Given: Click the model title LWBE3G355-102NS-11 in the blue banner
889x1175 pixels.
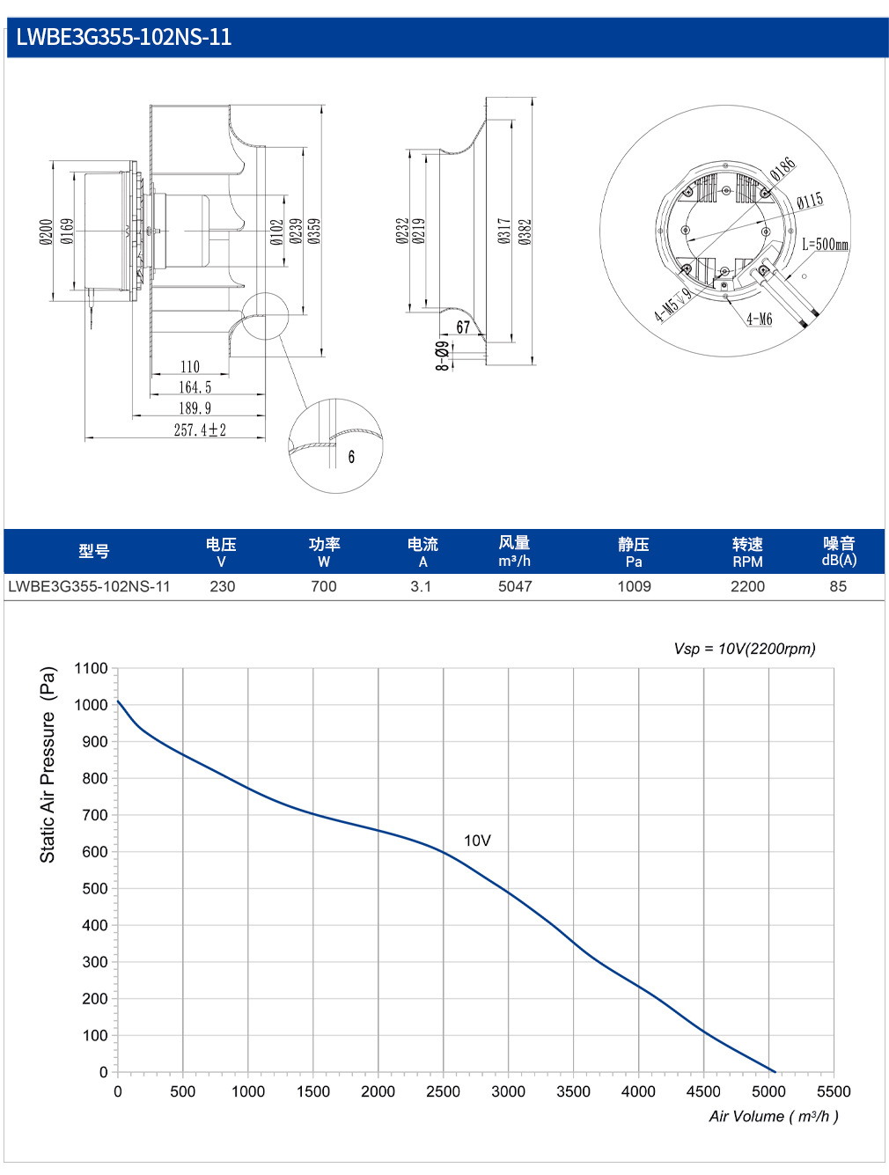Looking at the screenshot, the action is click(x=124, y=37).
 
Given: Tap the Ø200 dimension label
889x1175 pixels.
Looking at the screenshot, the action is click(x=46, y=231).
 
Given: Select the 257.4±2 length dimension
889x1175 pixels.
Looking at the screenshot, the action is click(x=200, y=430).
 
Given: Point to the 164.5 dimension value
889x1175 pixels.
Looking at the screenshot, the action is click(x=195, y=387).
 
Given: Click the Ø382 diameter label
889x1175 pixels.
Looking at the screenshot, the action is click(x=525, y=231).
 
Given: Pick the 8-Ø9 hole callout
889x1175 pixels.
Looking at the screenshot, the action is click(x=443, y=356).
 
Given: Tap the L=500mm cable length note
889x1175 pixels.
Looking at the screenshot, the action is click(x=825, y=245).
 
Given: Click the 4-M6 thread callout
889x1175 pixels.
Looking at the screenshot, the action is click(x=760, y=319).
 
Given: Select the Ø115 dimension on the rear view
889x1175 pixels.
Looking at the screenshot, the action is click(x=810, y=202).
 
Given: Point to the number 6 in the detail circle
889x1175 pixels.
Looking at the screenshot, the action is click(x=351, y=457).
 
